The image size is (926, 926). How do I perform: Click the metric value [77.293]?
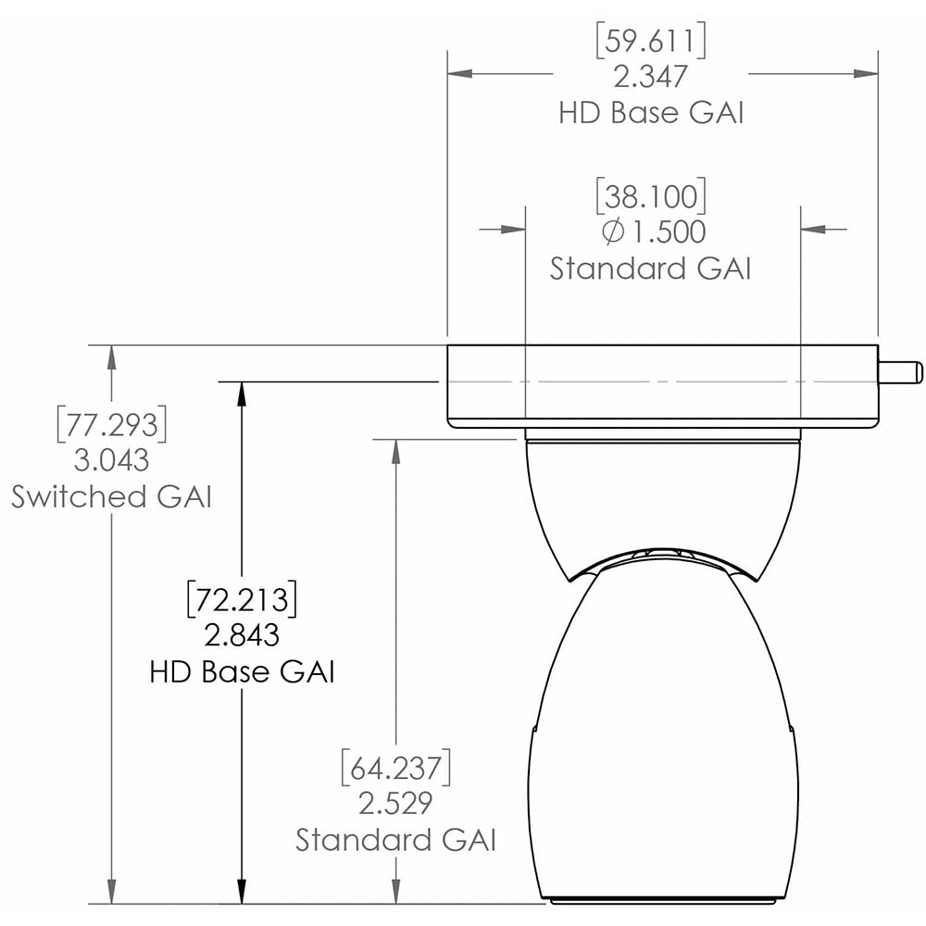pyautogui.click(x=112, y=425)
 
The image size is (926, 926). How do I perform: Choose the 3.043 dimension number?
pyautogui.click(x=112, y=460)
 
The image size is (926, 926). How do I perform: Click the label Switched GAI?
pyautogui.click(x=112, y=496)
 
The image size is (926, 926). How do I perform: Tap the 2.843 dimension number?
pyautogui.click(x=242, y=635)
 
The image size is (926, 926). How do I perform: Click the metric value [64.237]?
pyautogui.click(x=396, y=769)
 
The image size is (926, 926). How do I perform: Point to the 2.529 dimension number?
pyautogui.click(x=396, y=804)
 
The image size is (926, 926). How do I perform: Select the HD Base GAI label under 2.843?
pyautogui.click(x=242, y=671)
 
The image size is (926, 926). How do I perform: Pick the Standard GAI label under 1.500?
pyautogui.click(x=651, y=269)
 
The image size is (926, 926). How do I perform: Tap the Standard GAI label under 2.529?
pyautogui.click(x=396, y=840)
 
